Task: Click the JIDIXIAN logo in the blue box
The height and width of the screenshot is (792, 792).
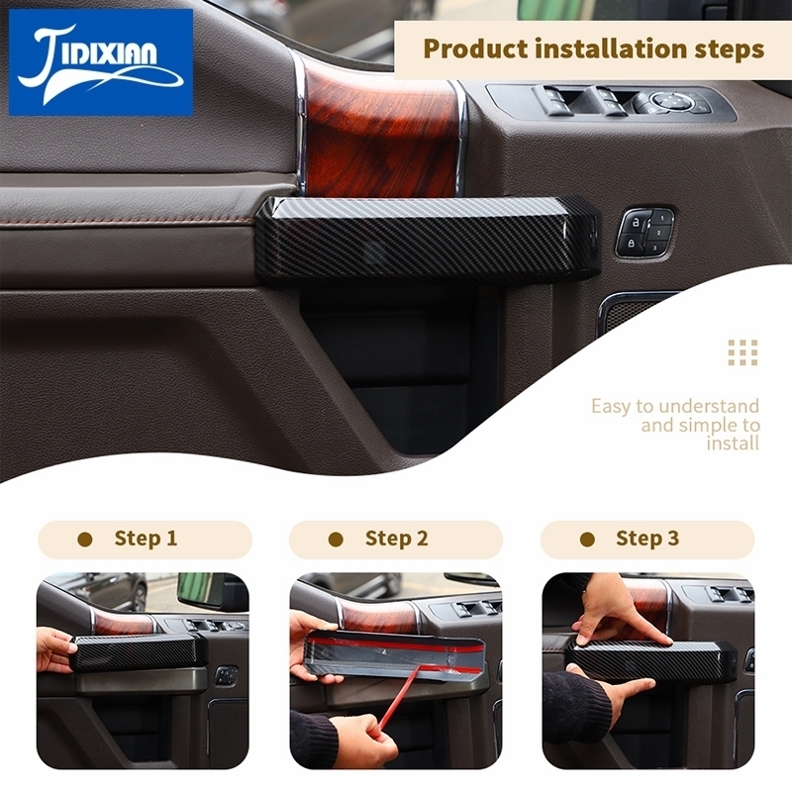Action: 101,62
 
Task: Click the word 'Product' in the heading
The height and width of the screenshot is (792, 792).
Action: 475,49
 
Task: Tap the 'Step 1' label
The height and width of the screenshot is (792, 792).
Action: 146,538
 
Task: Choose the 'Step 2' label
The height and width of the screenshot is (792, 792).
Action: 397,539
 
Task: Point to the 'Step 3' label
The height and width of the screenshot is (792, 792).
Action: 647,539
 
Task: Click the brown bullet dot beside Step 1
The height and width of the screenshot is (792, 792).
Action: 85,540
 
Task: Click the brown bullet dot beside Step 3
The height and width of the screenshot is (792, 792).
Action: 587,540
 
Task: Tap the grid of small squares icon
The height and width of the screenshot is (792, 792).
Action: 743,352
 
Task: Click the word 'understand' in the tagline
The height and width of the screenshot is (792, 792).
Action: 709,406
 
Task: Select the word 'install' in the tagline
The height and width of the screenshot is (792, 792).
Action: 733,444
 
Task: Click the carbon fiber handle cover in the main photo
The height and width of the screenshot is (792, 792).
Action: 428,237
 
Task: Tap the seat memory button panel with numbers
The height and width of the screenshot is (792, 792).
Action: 645,233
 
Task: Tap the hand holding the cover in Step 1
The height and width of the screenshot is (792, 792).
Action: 54,650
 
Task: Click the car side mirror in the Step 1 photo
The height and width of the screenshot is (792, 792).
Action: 201,589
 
